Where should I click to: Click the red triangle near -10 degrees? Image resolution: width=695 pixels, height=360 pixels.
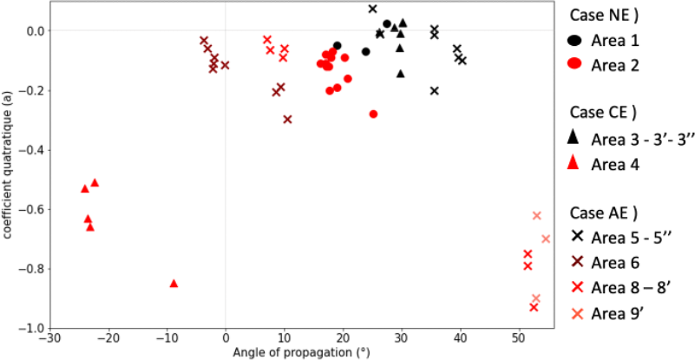click(174, 283)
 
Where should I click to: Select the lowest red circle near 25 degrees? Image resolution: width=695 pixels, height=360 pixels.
click(373, 114)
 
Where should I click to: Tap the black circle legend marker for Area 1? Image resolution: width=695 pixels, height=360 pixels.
click(574, 40)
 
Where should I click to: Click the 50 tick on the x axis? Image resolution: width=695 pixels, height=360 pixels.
click(518, 338)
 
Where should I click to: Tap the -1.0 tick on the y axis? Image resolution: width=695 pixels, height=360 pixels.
click(30, 328)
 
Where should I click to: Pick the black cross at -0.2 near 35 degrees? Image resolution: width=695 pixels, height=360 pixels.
click(435, 90)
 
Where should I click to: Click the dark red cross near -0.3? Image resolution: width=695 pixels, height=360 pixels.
click(287, 119)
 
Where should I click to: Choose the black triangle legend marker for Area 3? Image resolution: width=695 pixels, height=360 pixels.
click(574, 138)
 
